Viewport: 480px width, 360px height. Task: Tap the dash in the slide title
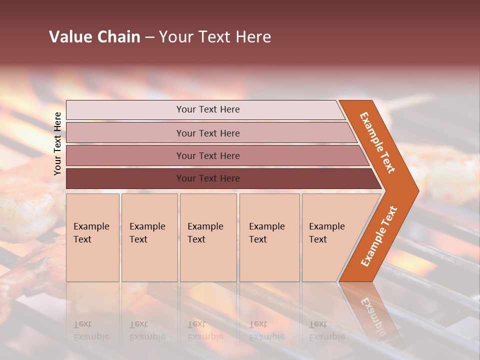[149, 37]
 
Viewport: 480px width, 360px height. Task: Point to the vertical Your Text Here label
[57, 143]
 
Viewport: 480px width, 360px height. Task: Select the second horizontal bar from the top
[208, 133]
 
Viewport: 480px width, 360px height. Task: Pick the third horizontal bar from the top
[208, 155]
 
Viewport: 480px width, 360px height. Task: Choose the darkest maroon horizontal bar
[208, 178]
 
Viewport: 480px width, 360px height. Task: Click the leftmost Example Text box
[92, 237]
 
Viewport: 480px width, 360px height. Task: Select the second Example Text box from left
[149, 237]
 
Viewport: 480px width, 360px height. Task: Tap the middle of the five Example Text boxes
[207, 237]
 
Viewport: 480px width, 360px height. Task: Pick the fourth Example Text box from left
[269, 237]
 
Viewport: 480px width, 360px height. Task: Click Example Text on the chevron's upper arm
[377, 142]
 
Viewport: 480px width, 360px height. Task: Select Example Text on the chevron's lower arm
[378, 236]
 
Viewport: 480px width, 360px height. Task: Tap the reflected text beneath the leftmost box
[91, 330]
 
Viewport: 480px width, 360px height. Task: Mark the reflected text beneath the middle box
[205, 330]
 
